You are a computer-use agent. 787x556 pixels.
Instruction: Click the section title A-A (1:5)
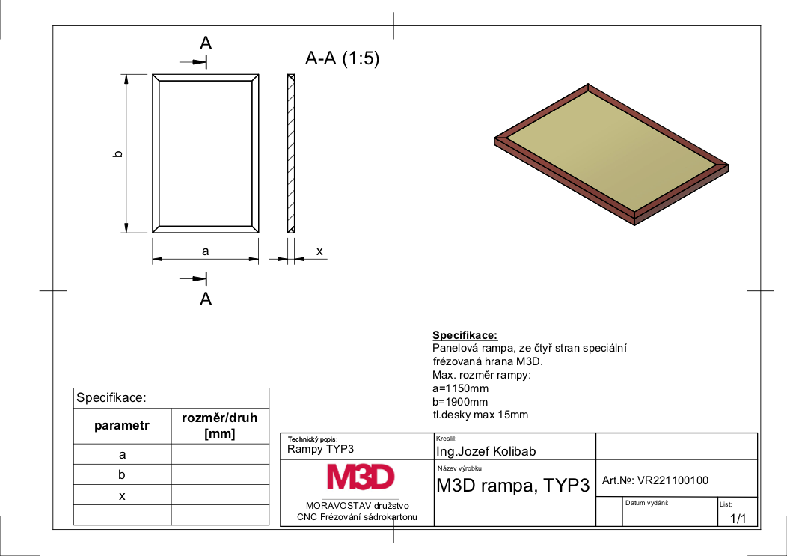tap(342, 58)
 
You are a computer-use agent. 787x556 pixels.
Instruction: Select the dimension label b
tap(118, 153)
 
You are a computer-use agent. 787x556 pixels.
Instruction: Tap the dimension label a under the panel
tap(205, 251)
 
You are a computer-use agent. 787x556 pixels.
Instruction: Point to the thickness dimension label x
tap(319, 251)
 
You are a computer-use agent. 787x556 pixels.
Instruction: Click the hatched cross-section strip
tap(291, 153)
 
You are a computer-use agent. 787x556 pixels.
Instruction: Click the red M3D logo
tap(361, 477)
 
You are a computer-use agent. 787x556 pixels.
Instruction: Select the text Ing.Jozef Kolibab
tap(486, 451)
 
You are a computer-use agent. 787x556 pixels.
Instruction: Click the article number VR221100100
tap(673, 480)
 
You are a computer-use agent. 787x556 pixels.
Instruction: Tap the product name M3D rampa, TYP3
tap(513, 485)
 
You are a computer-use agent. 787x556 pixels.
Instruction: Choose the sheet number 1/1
tap(738, 519)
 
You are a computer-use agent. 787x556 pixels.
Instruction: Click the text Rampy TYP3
tap(320, 449)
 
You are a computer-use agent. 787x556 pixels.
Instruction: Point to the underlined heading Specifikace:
tap(465, 335)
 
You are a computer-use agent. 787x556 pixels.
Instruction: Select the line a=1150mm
tap(460, 388)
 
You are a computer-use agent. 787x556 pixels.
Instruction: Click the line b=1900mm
tap(460, 402)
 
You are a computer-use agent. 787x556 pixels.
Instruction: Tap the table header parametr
tap(122, 425)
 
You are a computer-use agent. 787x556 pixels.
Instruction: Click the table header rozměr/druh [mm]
tap(219, 425)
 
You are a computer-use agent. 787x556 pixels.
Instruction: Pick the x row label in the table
tap(122, 496)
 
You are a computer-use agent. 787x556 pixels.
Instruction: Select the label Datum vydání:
tap(647, 503)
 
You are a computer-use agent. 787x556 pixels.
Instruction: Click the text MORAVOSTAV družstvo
tap(358, 506)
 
